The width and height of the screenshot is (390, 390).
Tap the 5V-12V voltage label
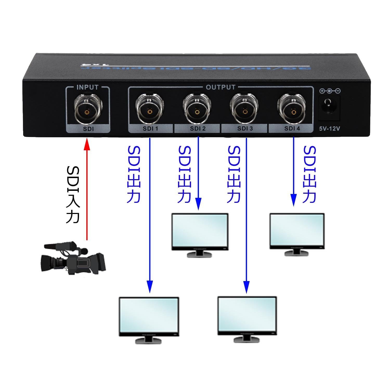tap(329, 128)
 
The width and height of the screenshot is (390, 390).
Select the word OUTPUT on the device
tap(220, 87)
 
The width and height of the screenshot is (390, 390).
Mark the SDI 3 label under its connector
tap(245, 128)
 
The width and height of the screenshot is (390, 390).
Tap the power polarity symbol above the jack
tap(330, 91)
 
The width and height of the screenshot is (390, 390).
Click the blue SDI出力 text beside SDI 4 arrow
tap(310, 174)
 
